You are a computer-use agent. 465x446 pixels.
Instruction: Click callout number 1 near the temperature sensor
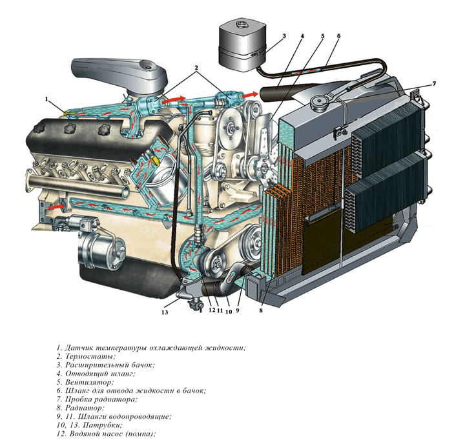click(x=46, y=99)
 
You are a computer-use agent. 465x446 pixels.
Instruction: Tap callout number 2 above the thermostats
click(x=196, y=67)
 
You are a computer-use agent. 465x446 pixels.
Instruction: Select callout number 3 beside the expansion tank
click(x=284, y=36)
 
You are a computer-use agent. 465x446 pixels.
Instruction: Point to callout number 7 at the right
click(x=434, y=83)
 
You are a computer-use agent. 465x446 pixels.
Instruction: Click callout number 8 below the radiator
click(x=261, y=310)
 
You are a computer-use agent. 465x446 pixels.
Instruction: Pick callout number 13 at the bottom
click(x=165, y=312)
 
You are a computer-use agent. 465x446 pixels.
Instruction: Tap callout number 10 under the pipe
click(x=229, y=312)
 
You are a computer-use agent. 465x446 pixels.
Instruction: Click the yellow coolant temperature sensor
click(x=70, y=113)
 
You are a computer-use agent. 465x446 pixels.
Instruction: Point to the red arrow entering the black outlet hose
click(x=249, y=95)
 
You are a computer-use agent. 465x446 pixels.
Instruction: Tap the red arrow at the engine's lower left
click(x=55, y=207)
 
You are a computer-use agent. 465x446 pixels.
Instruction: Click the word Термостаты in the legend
click(x=90, y=356)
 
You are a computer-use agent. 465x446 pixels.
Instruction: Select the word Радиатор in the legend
click(x=85, y=408)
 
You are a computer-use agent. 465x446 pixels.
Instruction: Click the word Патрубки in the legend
click(x=102, y=425)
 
